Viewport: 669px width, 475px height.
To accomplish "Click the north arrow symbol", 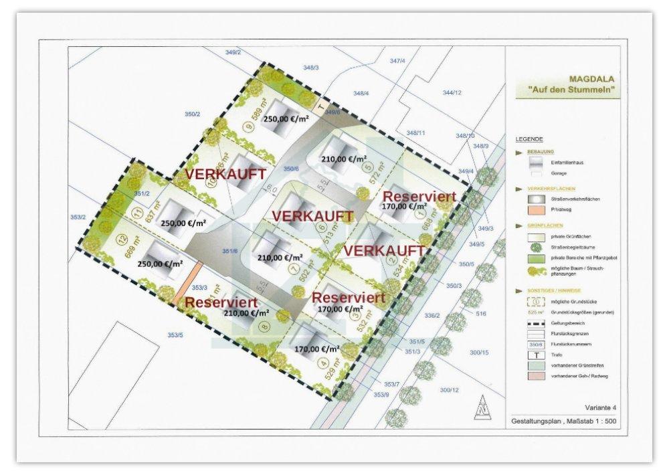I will pos(479,407).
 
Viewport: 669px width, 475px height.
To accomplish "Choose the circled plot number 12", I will pos(122,239).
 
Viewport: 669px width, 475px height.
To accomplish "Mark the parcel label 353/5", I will pos(175,335).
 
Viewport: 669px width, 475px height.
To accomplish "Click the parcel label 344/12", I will pos(452,92).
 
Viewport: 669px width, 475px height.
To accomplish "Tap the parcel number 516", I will pos(480,312).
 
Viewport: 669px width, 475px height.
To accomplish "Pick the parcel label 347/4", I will pos(397,61).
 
